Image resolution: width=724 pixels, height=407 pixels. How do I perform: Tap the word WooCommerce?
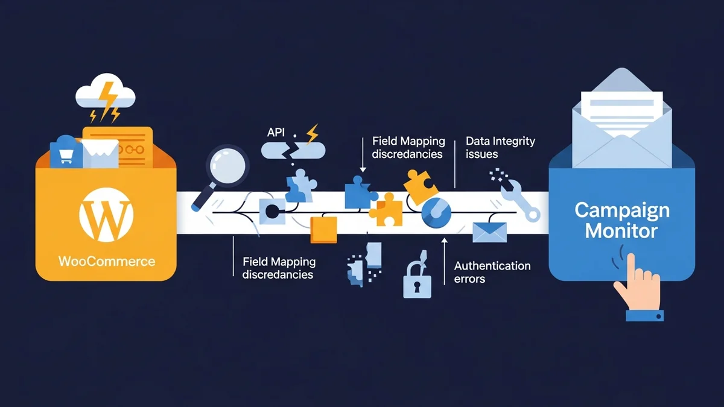click(107, 262)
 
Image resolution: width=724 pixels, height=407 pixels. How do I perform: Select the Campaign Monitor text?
click(621, 220)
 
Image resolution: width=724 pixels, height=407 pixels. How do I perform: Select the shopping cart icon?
click(65, 154)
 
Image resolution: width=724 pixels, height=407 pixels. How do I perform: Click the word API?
click(276, 131)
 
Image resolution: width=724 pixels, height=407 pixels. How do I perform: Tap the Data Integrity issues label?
click(500, 147)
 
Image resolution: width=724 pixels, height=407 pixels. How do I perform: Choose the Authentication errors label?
click(492, 272)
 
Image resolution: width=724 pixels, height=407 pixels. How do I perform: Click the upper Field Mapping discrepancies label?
click(408, 147)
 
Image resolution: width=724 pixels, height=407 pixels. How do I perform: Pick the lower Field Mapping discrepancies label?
click(278, 268)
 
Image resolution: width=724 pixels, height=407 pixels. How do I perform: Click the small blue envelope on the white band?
click(489, 230)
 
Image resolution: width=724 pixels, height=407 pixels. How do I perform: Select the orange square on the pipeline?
click(323, 229)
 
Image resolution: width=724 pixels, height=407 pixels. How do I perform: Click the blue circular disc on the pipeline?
click(436, 213)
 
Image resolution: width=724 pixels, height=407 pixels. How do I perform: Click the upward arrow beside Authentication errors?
click(445, 259)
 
